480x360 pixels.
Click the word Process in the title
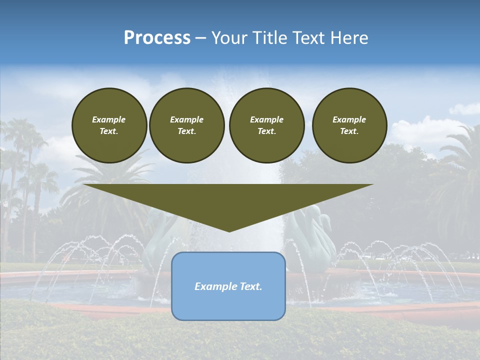(x=157, y=38)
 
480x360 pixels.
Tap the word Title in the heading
(x=270, y=38)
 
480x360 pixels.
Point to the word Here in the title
(x=349, y=38)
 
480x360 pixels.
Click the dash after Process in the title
(x=200, y=38)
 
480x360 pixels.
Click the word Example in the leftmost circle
(x=109, y=119)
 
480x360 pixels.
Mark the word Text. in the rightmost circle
(x=349, y=131)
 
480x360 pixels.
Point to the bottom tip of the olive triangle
(x=229, y=230)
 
